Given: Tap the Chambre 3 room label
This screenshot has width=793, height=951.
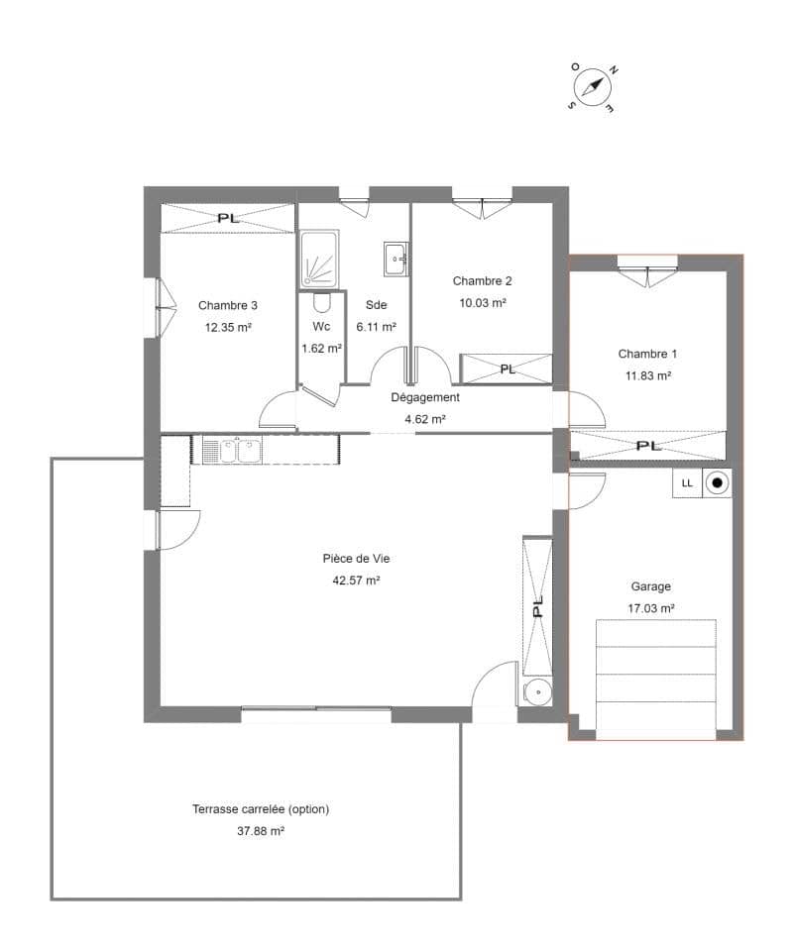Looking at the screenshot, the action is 228,305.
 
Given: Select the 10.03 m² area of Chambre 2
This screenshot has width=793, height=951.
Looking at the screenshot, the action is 483,303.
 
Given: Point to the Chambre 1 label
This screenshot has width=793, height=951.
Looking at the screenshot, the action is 647,354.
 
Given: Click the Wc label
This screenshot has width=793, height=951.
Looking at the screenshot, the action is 321,326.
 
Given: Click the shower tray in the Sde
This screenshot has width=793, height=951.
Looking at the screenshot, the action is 319,259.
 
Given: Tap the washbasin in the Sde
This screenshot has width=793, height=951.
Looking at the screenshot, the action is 396,259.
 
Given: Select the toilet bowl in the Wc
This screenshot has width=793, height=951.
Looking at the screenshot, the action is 322,302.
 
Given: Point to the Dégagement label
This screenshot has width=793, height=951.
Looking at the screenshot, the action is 424,397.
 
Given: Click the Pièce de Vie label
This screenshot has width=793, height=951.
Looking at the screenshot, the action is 356,559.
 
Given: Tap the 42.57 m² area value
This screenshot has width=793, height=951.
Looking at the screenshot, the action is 356,581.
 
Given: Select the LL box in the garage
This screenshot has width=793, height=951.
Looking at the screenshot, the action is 687,483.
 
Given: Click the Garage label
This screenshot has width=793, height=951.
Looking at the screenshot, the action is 650,586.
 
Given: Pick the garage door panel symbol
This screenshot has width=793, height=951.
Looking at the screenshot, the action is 656,680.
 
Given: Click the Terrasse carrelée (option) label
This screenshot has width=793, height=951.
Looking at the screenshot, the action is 261,809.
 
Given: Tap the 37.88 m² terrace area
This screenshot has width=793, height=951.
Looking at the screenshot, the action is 261,831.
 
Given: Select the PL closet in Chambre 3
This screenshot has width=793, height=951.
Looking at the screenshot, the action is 228,218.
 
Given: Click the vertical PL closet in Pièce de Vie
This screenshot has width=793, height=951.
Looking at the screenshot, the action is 537,606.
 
